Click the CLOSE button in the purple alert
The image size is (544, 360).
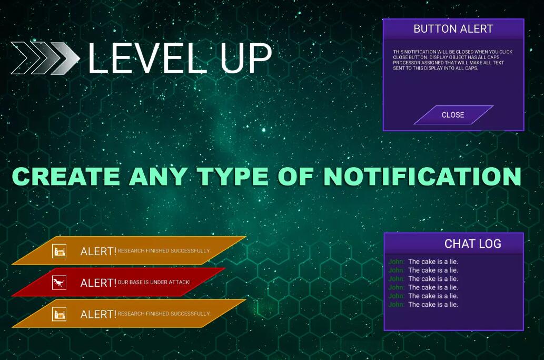coord(453,115)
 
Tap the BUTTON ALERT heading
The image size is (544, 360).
coord(453,29)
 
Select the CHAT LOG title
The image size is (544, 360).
coord(472,244)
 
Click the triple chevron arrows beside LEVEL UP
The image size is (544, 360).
coord(45,58)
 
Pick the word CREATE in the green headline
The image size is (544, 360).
coord(66,177)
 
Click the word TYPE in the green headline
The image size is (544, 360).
coord(233,177)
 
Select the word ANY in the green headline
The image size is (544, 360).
coord(159,177)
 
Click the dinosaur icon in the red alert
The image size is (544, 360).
coord(59,283)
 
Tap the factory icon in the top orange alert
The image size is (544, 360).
coord(59,251)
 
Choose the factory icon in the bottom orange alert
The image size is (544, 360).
coord(59,315)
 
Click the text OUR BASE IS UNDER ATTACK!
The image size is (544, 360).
coord(154,282)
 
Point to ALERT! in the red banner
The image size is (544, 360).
coord(98,283)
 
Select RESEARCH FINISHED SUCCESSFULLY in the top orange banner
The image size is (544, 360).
coord(164,251)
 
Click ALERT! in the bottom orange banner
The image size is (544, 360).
coord(98,315)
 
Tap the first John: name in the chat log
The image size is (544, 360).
coord(396,262)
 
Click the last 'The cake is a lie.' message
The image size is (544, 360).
coord(433,305)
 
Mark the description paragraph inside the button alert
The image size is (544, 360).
coord(452,60)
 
